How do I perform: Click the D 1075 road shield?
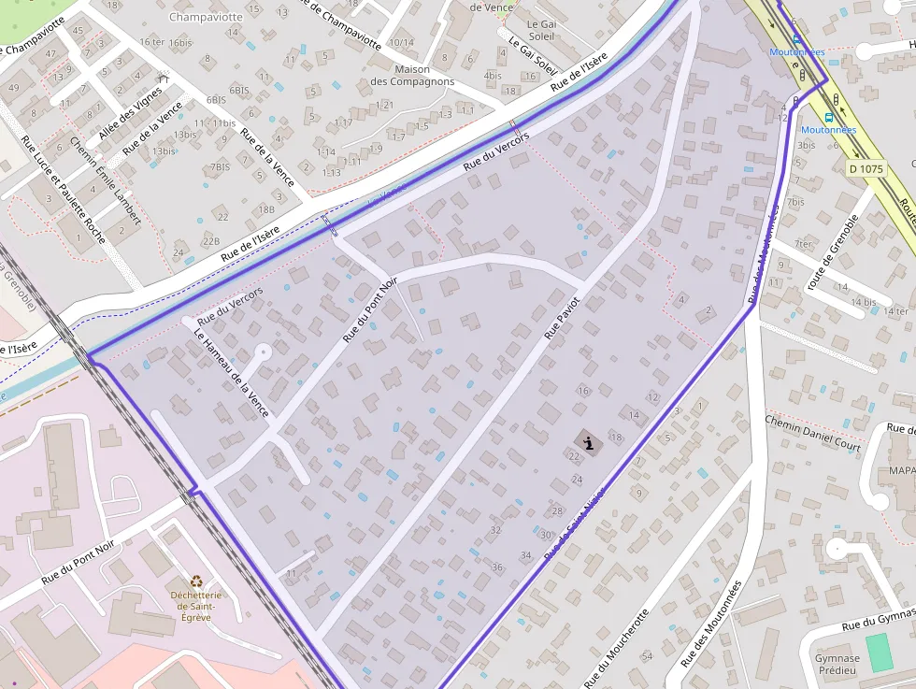[x=866, y=169]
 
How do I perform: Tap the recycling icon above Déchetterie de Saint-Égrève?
[x=196, y=581]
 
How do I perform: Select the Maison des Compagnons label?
[x=412, y=76]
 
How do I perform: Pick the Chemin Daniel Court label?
[x=812, y=434]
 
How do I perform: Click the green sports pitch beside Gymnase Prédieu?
[x=880, y=653]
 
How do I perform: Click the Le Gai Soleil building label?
[x=541, y=30]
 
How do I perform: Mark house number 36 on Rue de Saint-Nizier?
[x=497, y=567]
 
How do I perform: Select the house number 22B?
[x=210, y=241]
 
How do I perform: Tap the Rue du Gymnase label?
[x=877, y=623]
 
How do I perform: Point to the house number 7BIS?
[x=220, y=167]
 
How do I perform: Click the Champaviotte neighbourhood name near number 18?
[x=206, y=17]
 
